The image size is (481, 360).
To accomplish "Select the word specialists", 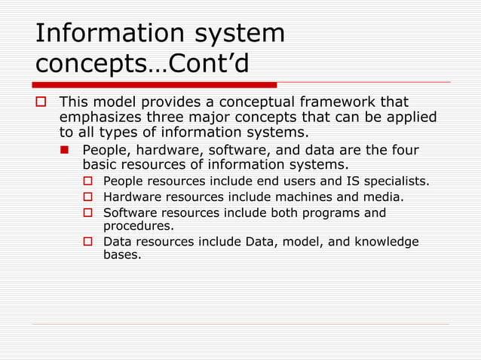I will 397,181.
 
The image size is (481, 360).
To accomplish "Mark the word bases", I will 121,255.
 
